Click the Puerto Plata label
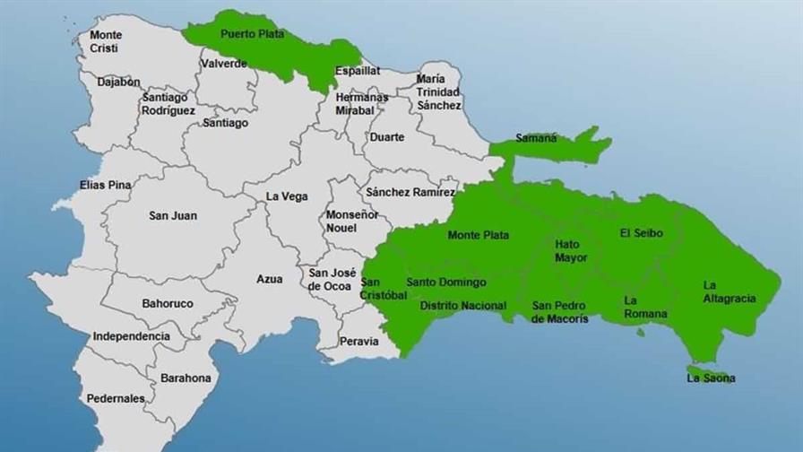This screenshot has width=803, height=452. pyautogui.click(x=252, y=34)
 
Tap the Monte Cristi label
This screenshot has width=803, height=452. pyautogui.click(x=106, y=41)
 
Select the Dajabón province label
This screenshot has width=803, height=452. pyautogui.click(x=119, y=82)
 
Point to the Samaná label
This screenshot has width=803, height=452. pyautogui.click(x=536, y=138)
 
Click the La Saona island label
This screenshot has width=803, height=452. pyautogui.click(x=711, y=378)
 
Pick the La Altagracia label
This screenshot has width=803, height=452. pyautogui.click(x=729, y=292)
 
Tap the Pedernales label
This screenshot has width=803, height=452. pyautogui.click(x=116, y=398)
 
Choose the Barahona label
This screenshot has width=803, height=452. pyautogui.click(x=186, y=378)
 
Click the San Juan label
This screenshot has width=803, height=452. pyautogui.click(x=173, y=215)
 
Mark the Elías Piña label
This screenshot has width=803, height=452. pyautogui.click(x=105, y=185)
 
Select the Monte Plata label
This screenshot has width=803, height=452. pyautogui.click(x=478, y=235)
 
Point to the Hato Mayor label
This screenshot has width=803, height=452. pyautogui.click(x=571, y=251)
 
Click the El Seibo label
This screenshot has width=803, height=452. pyautogui.click(x=641, y=233)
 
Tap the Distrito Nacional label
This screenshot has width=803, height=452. pyautogui.click(x=462, y=306)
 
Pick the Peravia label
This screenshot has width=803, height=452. pyautogui.click(x=358, y=341)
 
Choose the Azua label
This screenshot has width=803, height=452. pyautogui.click(x=269, y=279)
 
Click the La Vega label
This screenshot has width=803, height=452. pyautogui.click(x=286, y=196)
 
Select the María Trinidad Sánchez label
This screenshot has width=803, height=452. pyautogui.click(x=438, y=91)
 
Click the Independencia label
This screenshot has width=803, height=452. pyautogui.click(x=131, y=336)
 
